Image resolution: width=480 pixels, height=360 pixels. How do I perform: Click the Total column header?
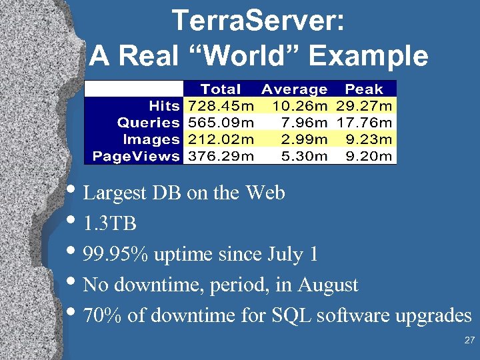click(x=221, y=89)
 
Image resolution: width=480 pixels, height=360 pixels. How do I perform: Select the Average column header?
click(x=294, y=89)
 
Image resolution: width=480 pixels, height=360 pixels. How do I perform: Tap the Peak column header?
click(x=364, y=89)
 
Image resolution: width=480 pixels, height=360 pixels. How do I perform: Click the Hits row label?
click(x=164, y=105)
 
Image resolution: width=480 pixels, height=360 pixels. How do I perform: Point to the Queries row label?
click(x=148, y=123)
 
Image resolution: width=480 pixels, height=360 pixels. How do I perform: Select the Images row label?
click(x=151, y=139)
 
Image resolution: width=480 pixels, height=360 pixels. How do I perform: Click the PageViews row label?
click(x=136, y=156)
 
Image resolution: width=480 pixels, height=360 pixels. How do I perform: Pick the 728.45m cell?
click(x=221, y=105)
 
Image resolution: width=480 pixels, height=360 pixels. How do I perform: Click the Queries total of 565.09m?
click(x=221, y=123)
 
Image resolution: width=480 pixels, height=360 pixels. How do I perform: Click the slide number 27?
click(x=469, y=341)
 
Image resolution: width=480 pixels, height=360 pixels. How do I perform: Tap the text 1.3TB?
click(x=110, y=224)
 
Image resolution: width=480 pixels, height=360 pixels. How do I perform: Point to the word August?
click(x=328, y=285)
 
